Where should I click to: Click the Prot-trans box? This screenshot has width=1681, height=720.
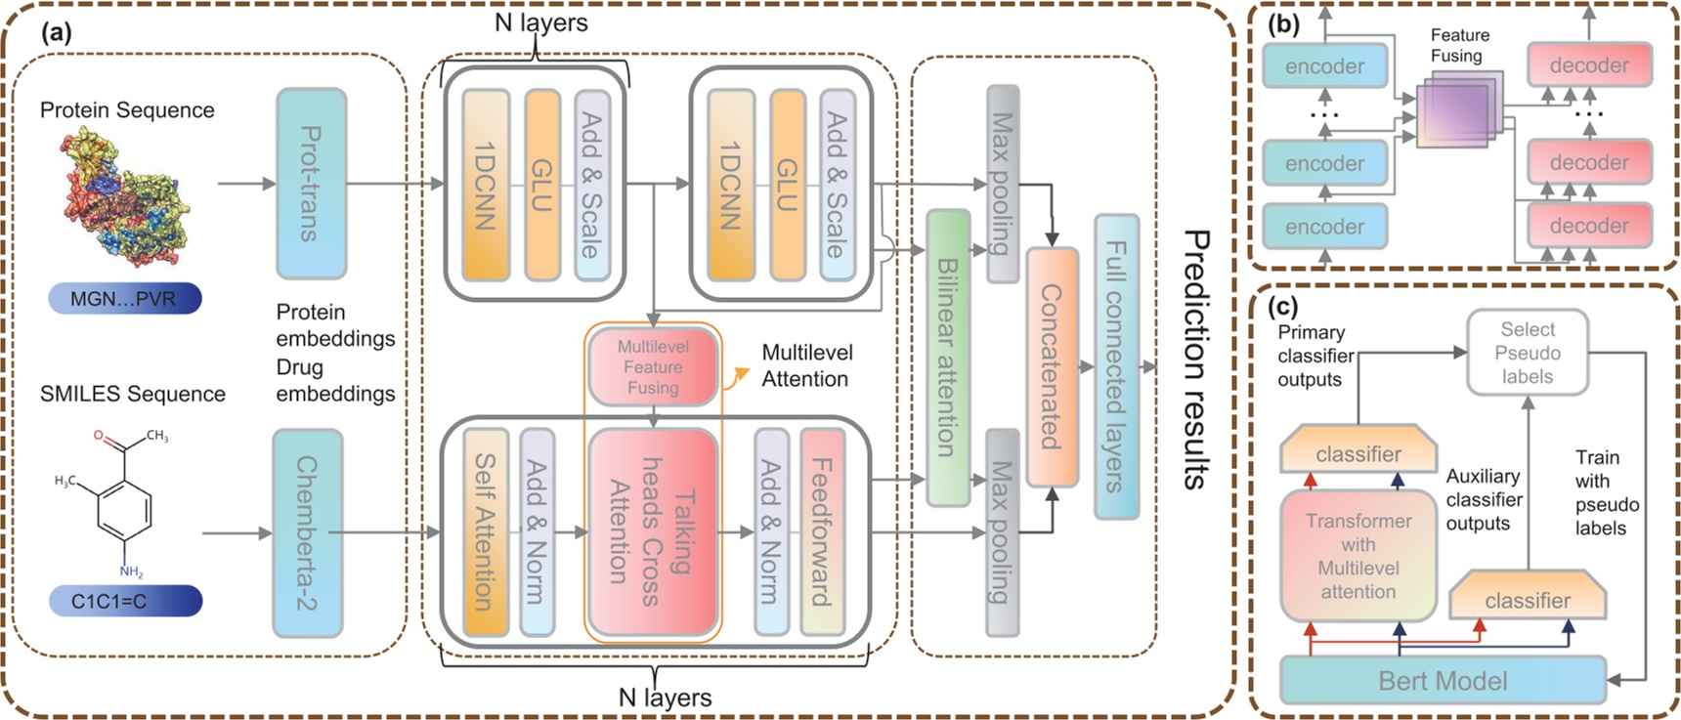pos(311,184)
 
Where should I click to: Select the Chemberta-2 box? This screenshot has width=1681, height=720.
pos(308,533)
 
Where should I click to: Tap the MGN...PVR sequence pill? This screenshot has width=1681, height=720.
pos(124,298)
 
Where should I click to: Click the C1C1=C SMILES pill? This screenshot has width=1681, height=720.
pos(124,601)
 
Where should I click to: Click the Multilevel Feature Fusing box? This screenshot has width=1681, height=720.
pos(653,367)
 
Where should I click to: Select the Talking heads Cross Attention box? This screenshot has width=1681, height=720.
pos(652,531)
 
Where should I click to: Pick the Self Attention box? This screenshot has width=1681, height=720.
pos(486,531)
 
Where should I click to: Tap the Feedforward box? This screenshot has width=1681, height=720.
pos(822,531)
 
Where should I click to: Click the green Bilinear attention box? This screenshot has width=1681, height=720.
pos(947,358)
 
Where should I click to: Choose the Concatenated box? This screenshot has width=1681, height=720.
pos(1052,367)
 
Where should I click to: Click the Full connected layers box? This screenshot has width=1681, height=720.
pos(1116,367)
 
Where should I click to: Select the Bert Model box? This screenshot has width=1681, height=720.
pos(1443,680)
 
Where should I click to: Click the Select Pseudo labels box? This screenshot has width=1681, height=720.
pos(1528,353)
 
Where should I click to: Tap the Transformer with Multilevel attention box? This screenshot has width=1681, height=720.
pos(1358,556)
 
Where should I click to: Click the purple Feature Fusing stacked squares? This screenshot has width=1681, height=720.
pos(1453,110)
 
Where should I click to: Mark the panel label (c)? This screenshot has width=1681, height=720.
pos(1282,307)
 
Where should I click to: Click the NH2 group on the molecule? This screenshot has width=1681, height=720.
pos(131,572)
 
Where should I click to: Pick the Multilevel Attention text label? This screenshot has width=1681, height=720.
pos(806,365)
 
